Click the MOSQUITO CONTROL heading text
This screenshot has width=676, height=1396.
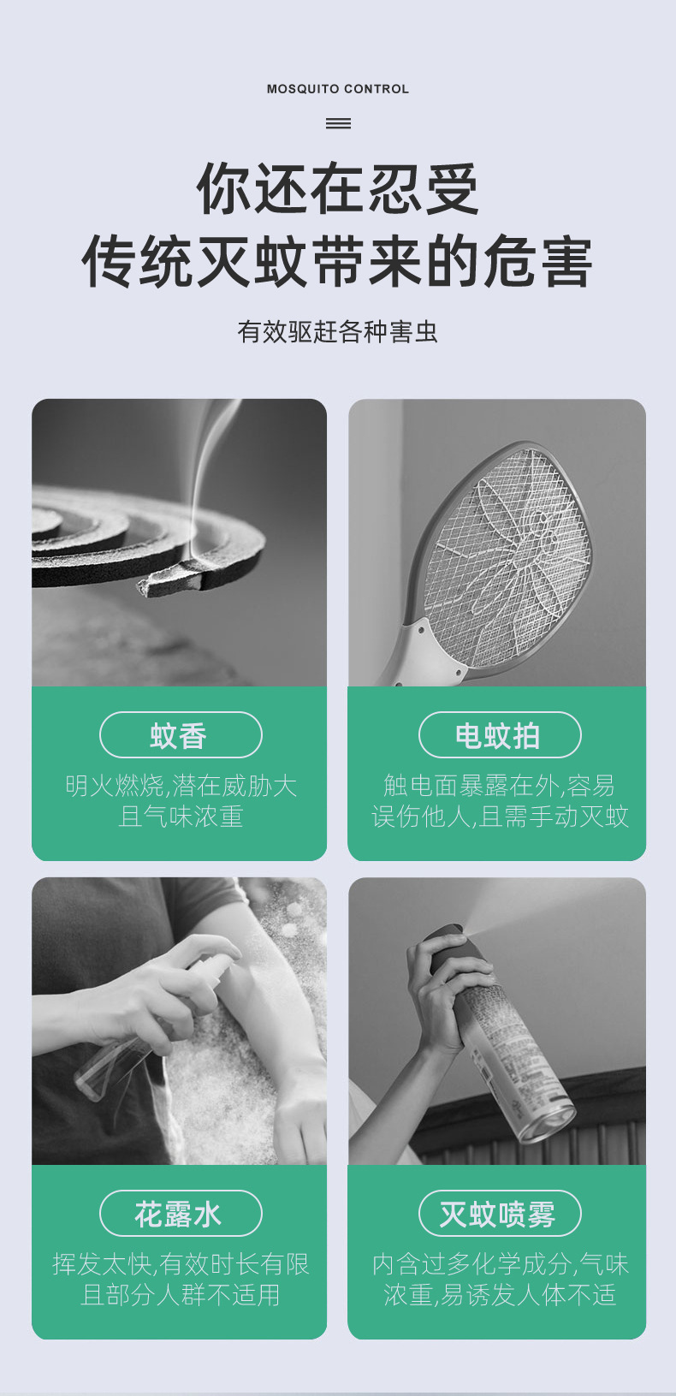(x=338, y=89)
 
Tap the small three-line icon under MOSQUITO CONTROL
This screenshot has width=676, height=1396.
(x=338, y=123)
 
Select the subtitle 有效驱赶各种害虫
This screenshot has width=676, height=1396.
(x=338, y=331)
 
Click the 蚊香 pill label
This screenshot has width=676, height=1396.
(x=181, y=734)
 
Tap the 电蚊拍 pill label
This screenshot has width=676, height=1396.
(x=500, y=734)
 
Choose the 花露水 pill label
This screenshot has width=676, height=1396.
(x=181, y=1214)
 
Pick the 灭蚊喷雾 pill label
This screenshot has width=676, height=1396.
(x=500, y=1214)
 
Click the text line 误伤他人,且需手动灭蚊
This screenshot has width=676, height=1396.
(x=500, y=817)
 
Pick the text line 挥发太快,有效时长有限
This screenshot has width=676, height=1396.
(x=181, y=1264)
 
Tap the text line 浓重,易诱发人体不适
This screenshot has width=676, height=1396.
(x=500, y=1295)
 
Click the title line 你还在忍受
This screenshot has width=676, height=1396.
(x=338, y=189)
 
